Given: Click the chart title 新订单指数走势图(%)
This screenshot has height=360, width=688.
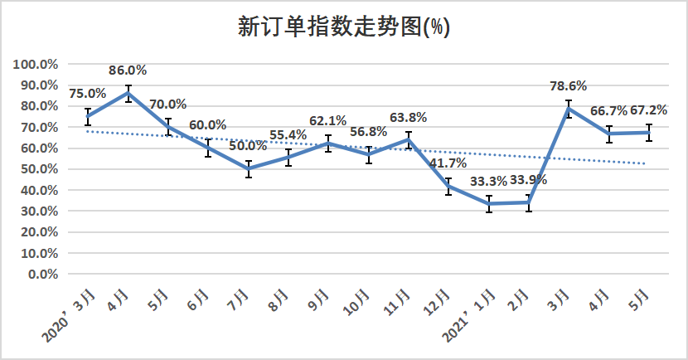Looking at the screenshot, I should (343, 27).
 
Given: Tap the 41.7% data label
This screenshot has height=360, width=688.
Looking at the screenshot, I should (448, 163).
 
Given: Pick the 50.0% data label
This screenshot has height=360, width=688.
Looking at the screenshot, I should (250, 146).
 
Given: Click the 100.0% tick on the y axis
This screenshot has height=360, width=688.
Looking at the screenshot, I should (35, 65).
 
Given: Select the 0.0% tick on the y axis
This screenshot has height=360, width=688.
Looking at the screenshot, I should (41, 274).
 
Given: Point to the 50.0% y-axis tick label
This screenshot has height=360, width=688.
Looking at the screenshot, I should (38, 169).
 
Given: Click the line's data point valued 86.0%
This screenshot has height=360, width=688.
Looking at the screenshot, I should (128, 93).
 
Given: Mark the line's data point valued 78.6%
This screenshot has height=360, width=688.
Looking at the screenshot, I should (568, 109).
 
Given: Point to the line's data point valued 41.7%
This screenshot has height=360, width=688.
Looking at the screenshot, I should (448, 186).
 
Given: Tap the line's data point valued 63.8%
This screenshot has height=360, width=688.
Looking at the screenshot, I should (409, 139).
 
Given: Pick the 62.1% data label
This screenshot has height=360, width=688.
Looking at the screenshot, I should (328, 121).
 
